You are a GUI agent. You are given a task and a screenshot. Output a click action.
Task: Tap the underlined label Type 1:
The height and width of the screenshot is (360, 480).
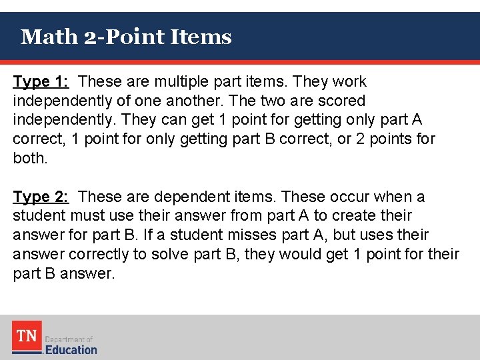[41, 82]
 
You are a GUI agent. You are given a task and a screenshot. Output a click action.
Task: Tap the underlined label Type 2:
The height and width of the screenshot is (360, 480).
[41, 197]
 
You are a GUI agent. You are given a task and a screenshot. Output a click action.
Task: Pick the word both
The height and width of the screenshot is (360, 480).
[30, 159]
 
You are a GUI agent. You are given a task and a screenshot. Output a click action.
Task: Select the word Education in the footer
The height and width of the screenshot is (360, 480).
[71, 349]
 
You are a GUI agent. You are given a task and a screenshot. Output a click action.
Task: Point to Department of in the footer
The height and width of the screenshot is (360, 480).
[69, 339]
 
